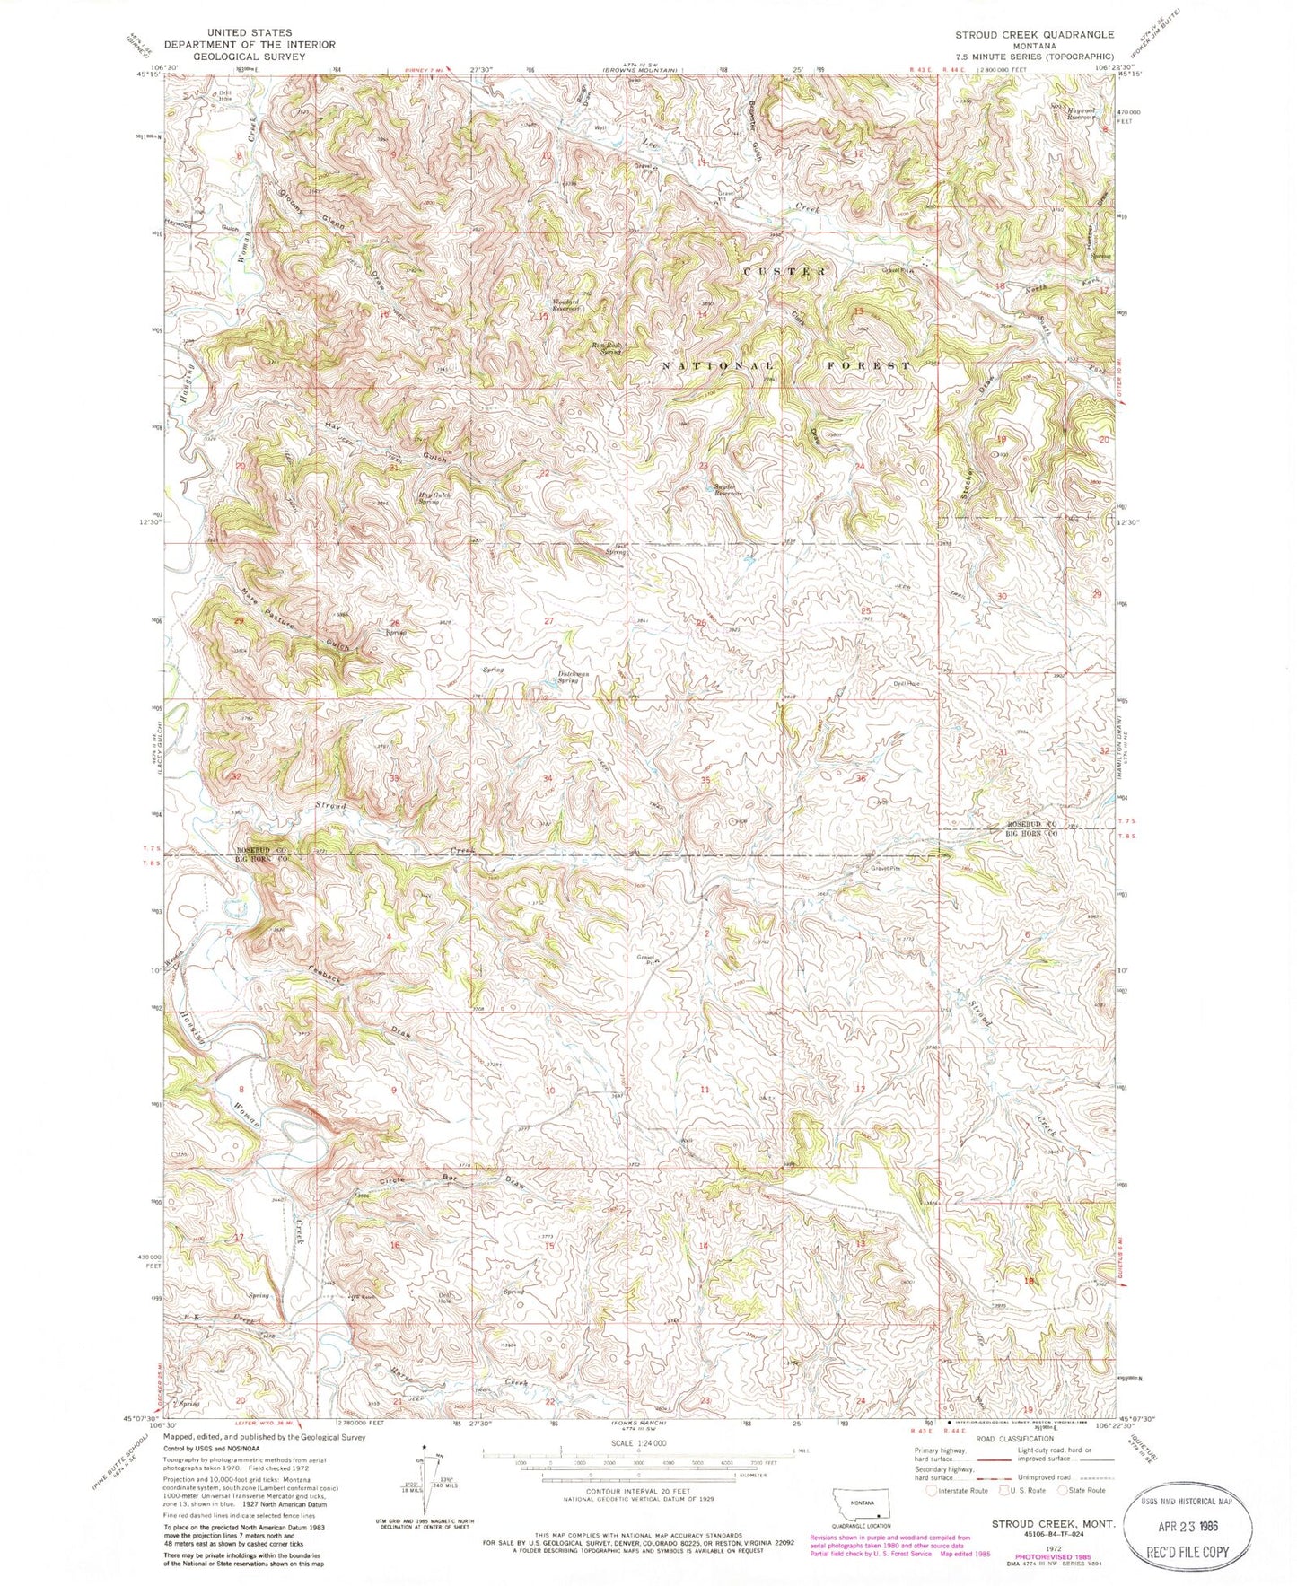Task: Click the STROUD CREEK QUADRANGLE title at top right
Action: click(x=1034, y=34)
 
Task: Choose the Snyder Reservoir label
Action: click(x=727, y=490)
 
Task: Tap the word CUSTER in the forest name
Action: click(x=784, y=270)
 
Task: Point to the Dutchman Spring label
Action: click(x=578, y=679)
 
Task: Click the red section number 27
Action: click(x=548, y=621)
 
